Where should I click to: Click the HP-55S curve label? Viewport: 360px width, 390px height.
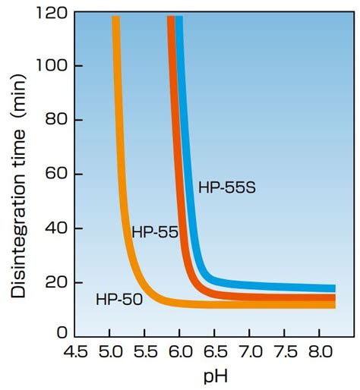[226, 187]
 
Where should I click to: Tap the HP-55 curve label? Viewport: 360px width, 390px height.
[154, 232]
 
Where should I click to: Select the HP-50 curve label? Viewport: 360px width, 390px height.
[118, 300]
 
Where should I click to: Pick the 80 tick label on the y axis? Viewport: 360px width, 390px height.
[55, 121]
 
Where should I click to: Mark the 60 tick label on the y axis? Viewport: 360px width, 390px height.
[55, 175]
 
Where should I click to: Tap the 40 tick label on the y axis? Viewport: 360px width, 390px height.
[55, 228]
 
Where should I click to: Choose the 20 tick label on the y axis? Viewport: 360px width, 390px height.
[55, 282]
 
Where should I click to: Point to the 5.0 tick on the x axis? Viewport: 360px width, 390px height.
[110, 352]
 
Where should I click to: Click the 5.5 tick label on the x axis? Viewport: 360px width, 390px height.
[146, 352]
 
